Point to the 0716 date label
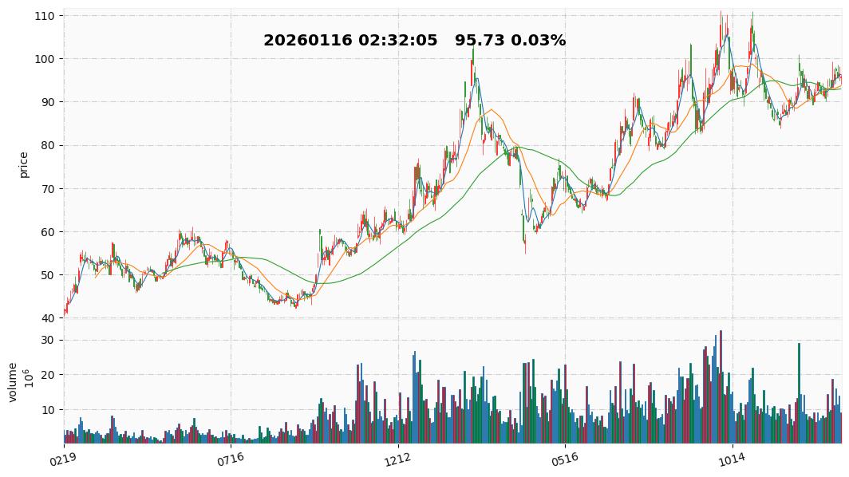pos(230,459)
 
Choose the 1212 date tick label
pos(397,459)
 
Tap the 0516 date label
pos(564,459)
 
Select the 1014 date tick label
pos(731,459)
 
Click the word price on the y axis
pos(24,164)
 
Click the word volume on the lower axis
pos(13,382)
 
